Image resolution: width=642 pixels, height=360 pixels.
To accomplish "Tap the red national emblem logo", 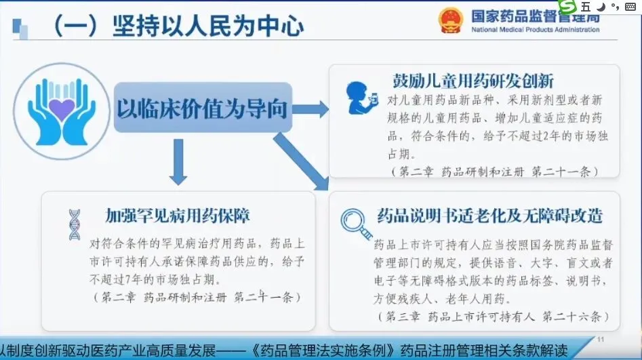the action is [448, 20].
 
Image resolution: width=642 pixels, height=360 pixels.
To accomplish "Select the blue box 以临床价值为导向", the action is [202, 107].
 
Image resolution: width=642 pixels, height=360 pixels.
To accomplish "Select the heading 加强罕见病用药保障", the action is [178, 216].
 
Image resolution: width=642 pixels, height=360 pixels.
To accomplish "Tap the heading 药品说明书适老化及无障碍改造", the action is [489, 216].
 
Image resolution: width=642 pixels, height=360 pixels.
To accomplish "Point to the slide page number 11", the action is [600, 338].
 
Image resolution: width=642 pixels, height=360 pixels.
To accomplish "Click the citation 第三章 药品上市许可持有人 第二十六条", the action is [492, 317].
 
